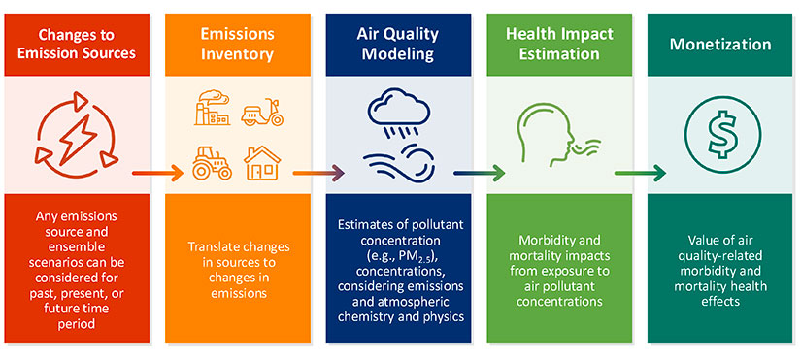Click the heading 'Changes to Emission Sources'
75,44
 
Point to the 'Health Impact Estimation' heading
557,44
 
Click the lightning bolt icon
75,137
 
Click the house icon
261,162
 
